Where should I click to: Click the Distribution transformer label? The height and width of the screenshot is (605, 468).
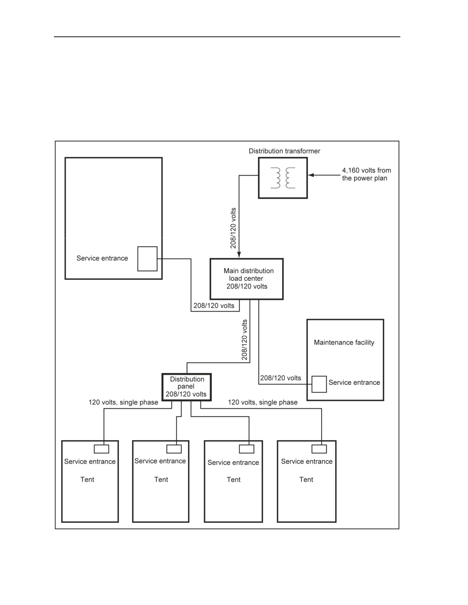coord(284,151)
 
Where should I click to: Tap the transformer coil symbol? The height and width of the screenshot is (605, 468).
coord(283,178)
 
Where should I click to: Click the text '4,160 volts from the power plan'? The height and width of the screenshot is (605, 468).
coord(366,174)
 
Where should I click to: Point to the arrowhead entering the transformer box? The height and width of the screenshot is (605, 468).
coord(311,175)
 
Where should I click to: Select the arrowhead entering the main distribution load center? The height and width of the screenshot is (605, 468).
coord(239,255)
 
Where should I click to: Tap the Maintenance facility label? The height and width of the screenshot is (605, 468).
coord(344,342)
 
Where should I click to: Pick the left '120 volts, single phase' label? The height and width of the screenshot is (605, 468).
coord(123,402)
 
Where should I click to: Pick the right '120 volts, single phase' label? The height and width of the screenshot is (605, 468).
coord(262,402)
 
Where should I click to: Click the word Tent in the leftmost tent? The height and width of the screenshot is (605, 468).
coord(87,480)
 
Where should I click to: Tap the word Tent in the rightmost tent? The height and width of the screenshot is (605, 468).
coord(306,480)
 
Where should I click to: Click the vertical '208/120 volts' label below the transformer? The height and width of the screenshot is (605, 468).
coord(233,228)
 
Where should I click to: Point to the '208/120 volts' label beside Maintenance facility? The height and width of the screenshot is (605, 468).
coord(280,378)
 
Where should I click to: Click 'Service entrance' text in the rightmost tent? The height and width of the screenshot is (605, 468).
coord(306,461)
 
